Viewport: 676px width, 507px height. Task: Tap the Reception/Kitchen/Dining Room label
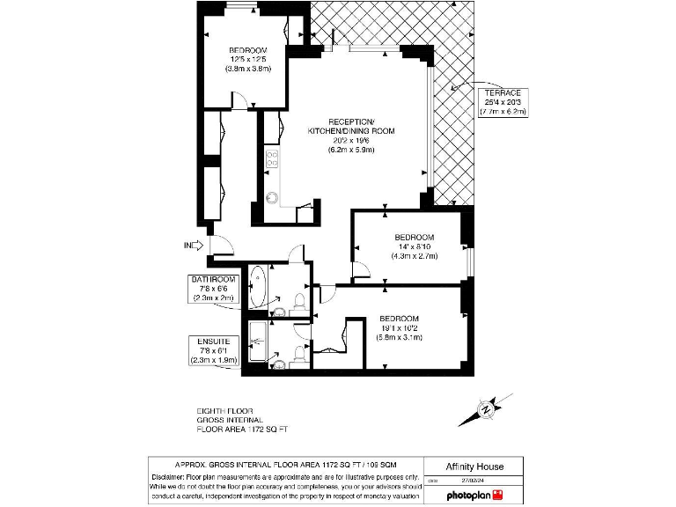pos(351,135)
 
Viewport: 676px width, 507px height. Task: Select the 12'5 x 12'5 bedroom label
pos(247,59)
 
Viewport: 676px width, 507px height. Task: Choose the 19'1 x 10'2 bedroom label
pos(399,327)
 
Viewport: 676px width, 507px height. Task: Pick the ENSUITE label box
pos(214,350)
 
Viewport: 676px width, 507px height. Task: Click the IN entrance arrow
pos(193,246)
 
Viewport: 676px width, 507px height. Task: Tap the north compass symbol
pos(485,409)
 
